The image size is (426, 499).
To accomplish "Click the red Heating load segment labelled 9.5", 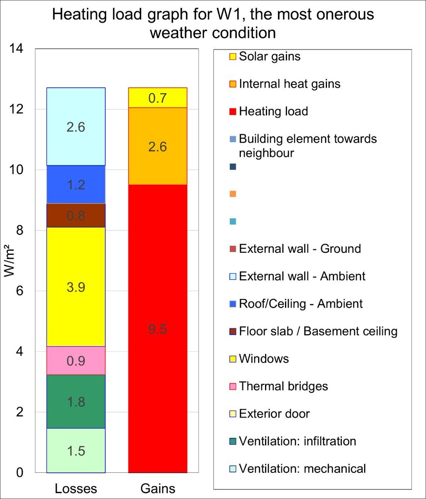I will coord(158,329).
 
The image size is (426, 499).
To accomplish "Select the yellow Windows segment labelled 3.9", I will coord(76,287).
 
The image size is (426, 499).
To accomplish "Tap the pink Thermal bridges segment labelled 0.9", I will coord(76,361).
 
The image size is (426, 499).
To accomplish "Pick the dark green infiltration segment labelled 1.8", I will coord(76,402).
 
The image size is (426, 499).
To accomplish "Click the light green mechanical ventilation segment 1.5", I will coord(76,451).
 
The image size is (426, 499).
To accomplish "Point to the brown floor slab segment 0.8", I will coord(76,215).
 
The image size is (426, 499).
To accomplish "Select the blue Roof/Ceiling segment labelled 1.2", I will coord(76,184).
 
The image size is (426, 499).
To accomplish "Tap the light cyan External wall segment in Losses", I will coord(76,126).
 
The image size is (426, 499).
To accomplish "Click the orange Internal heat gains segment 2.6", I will coord(158,146).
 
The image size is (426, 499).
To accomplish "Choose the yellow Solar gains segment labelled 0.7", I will coord(158,98).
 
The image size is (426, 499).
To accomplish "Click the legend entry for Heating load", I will coord(273,111).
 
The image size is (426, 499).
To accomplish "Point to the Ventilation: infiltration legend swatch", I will coord(233,442).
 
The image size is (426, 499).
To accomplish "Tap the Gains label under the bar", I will coord(158,488).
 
